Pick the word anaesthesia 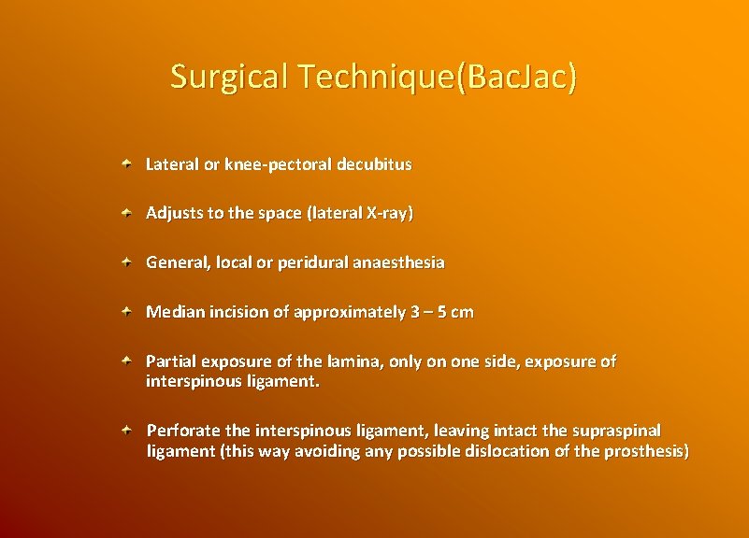(x=398, y=262)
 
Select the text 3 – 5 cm (x=441, y=312)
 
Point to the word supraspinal (x=616, y=431)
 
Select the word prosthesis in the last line (x=646, y=452)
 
